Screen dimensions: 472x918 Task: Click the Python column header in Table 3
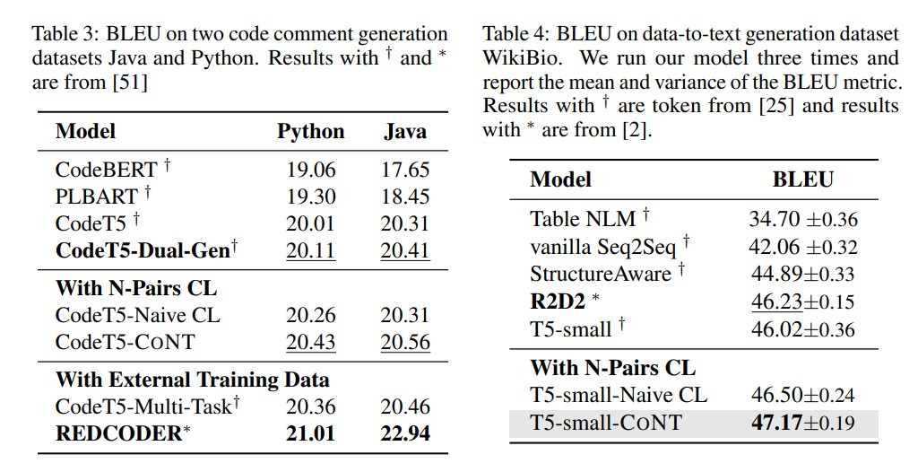pyautogui.click(x=310, y=131)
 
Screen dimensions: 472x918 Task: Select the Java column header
pyautogui.click(x=405, y=131)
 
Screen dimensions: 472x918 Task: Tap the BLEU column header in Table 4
pyautogui.click(x=802, y=179)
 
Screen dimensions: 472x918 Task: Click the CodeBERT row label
pyautogui.click(x=106, y=169)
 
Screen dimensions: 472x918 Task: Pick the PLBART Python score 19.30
pyautogui.click(x=310, y=197)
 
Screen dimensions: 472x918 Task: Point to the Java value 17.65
pyautogui.click(x=405, y=169)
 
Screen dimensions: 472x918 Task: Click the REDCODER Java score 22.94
pyautogui.click(x=405, y=434)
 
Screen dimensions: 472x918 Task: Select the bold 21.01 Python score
pyautogui.click(x=310, y=434)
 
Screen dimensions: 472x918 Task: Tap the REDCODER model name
pyautogui.click(x=119, y=434)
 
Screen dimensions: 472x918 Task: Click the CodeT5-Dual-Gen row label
pyautogui.click(x=143, y=250)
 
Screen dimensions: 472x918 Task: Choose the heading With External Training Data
pyautogui.click(x=193, y=380)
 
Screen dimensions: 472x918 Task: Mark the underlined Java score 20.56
pyautogui.click(x=405, y=342)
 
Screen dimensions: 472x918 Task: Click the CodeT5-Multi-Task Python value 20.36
pyautogui.click(x=310, y=406)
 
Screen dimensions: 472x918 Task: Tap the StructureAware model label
pyautogui.click(x=600, y=274)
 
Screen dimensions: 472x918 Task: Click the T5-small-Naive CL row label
pyautogui.click(x=619, y=395)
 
